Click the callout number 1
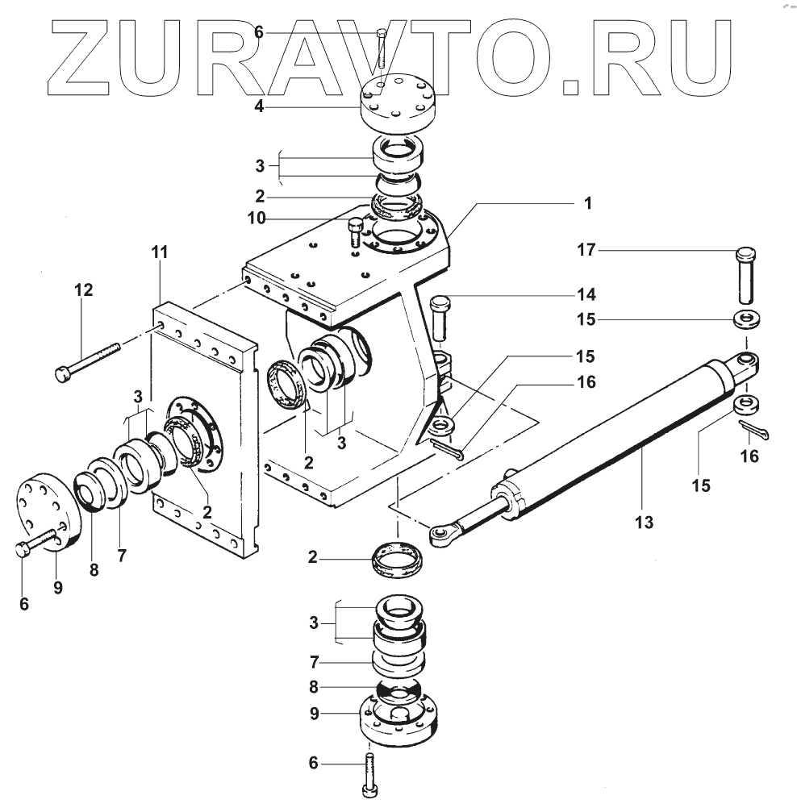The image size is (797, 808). [x=587, y=203]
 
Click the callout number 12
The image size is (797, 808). [x=84, y=288]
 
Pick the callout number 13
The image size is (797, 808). [x=643, y=523]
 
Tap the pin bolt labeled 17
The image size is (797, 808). [x=746, y=273]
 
